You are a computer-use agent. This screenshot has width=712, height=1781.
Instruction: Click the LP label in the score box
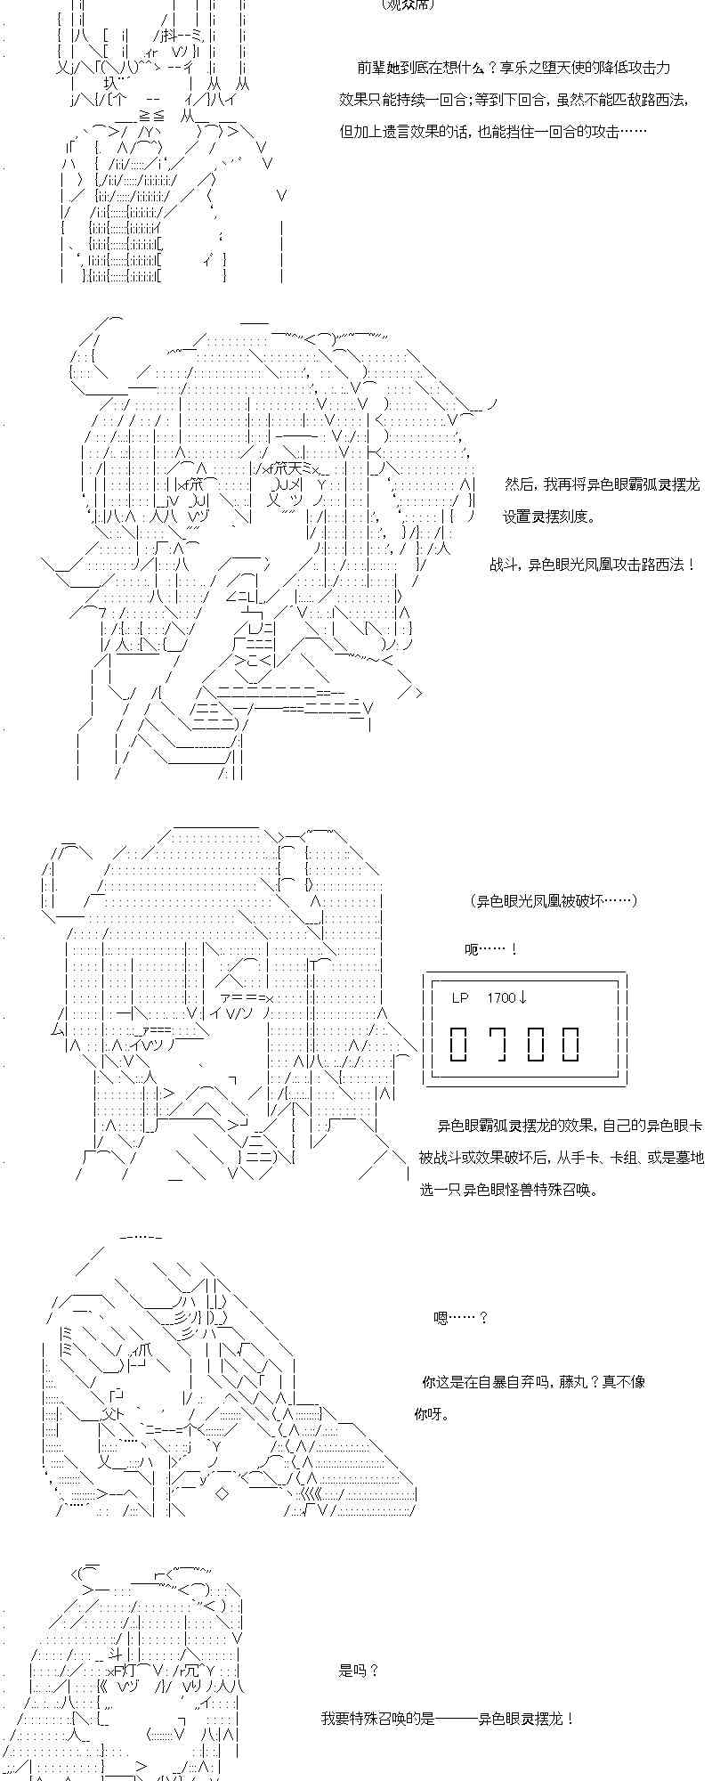pos(459,997)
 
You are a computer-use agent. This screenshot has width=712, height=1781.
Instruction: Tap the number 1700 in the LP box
pos(501,997)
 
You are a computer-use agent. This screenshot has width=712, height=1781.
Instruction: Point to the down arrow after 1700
pos(522,997)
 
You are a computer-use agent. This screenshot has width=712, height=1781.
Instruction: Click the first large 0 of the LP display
pos(458,1044)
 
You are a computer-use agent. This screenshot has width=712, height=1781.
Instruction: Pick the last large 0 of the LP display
pos(570,1044)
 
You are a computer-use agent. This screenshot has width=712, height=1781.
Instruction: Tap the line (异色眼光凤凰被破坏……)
pos(554,900)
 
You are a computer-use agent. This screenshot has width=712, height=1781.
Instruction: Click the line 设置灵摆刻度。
pos(549,516)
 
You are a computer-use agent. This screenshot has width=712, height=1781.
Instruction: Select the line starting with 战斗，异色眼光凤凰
pos(592,565)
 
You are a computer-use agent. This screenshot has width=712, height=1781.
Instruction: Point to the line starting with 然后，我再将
pos(602,484)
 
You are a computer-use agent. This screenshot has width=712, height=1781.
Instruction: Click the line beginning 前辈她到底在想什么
pos(514,68)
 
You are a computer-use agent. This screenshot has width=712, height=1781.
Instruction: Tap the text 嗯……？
pos(460,1317)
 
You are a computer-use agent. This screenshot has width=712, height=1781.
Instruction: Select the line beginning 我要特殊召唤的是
pos(447,1719)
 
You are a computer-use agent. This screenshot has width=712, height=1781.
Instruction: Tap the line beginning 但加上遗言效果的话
pos(493,132)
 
